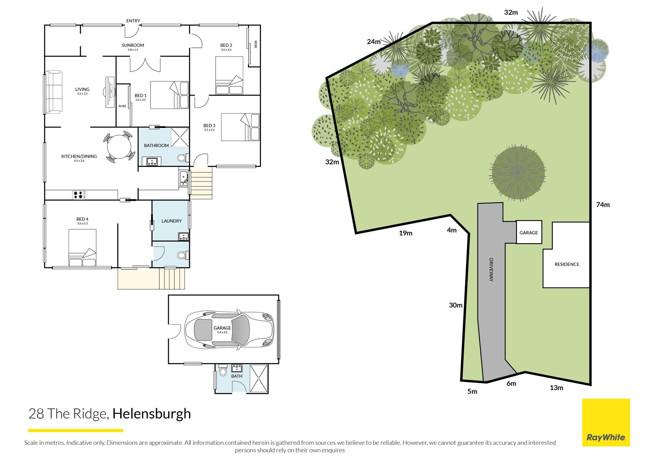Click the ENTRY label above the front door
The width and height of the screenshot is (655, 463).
(x=133, y=21)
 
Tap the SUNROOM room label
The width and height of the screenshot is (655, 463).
(x=133, y=45)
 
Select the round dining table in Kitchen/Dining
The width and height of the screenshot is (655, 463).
(x=119, y=147)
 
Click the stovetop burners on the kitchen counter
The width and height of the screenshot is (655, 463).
(x=79, y=195)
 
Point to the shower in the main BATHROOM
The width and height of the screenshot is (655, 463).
(x=180, y=138)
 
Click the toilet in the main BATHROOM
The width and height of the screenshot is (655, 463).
(x=183, y=158)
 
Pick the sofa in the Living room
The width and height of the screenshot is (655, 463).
(x=54, y=92)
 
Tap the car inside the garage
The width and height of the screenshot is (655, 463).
(x=229, y=330)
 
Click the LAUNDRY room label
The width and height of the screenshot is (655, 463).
(x=172, y=221)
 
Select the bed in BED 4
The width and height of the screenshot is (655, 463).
(x=82, y=248)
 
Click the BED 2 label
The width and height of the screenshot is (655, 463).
(x=226, y=45)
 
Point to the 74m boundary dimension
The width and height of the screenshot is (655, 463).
(x=603, y=205)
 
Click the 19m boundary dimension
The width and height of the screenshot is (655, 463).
(x=406, y=233)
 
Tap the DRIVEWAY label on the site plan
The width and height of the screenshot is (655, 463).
(x=491, y=270)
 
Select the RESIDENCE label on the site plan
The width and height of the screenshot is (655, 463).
(x=567, y=264)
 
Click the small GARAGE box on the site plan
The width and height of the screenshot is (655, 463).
(x=529, y=232)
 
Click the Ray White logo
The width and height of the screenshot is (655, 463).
(x=606, y=422)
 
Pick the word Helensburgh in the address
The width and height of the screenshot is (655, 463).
(x=152, y=414)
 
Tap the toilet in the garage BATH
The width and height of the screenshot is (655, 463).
(x=223, y=370)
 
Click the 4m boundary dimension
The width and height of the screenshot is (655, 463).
(x=452, y=230)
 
